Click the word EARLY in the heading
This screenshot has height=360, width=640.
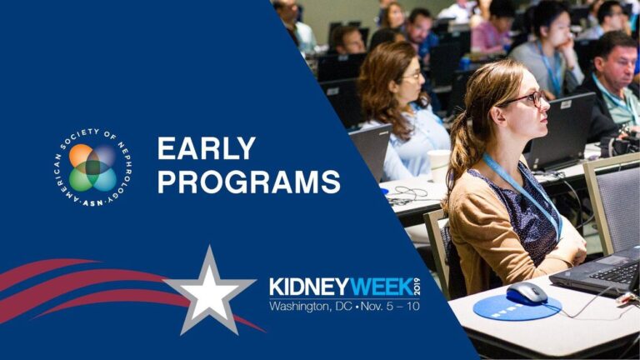(207, 148)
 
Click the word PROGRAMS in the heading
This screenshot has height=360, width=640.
(249, 182)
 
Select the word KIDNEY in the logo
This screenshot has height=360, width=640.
(309, 287)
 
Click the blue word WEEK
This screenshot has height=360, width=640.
(381, 287)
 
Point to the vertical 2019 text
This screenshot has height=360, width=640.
(417, 287)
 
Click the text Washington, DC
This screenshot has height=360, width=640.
(311, 306)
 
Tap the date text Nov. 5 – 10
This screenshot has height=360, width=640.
(390, 306)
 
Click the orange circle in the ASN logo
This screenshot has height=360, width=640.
(81, 156)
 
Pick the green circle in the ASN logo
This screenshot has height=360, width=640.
(81, 180)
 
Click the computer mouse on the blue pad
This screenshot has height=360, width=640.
(527, 293)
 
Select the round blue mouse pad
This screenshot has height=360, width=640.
(517, 307)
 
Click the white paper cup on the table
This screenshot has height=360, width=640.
(438, 165)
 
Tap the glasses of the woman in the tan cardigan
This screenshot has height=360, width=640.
(527, 99)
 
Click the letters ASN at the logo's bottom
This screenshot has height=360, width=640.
(93, 202)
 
